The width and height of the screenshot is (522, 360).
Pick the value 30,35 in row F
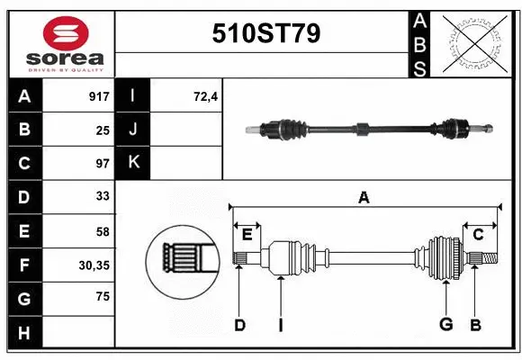point(94,265)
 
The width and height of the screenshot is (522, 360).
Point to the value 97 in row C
point(102,164)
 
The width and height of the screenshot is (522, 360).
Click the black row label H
point(23,333)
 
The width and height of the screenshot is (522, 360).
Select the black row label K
point(134,164)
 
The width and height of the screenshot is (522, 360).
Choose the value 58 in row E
point(102,231)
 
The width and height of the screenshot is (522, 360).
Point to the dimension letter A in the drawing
point(364,197)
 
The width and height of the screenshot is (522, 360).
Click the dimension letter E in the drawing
point(247,235)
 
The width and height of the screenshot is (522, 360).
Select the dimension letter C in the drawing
point(478,235)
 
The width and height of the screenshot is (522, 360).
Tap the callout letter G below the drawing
point(445,325)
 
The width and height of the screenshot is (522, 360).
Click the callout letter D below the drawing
point(239,325)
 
